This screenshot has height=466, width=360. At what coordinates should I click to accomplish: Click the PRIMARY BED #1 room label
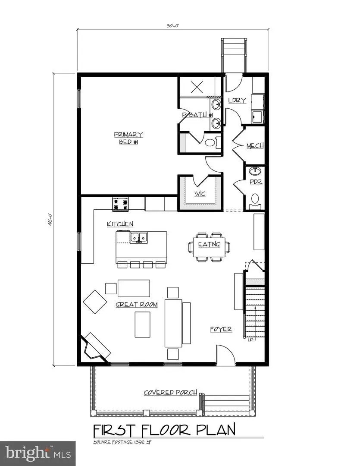click(129, 138)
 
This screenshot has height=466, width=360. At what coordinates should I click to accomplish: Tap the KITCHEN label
click(120, 224)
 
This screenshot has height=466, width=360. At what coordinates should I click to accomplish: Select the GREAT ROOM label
click(136, 305)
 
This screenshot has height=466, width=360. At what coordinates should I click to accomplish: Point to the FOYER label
click(221, 329)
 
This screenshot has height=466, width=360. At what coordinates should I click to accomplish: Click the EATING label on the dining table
click(209, 245)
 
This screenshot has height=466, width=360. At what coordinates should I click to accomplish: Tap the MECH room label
click(255, 146)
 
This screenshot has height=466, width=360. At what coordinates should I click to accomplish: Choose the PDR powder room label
click(256, 182)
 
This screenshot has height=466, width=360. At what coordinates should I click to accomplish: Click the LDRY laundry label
click(237, 100)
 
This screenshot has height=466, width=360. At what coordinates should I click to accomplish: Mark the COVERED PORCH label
click(170, 393)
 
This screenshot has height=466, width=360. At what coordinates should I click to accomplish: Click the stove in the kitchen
click(121, 204)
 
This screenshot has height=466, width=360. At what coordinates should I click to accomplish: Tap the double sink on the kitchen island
click(138, 237)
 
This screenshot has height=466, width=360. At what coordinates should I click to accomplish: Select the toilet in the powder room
click(255, 199)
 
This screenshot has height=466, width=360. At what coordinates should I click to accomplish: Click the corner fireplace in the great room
click(95, 345)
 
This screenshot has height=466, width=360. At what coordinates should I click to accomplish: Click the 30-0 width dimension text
click(172, 26)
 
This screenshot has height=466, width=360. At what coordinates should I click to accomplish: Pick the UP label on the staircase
click(250, 339)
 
